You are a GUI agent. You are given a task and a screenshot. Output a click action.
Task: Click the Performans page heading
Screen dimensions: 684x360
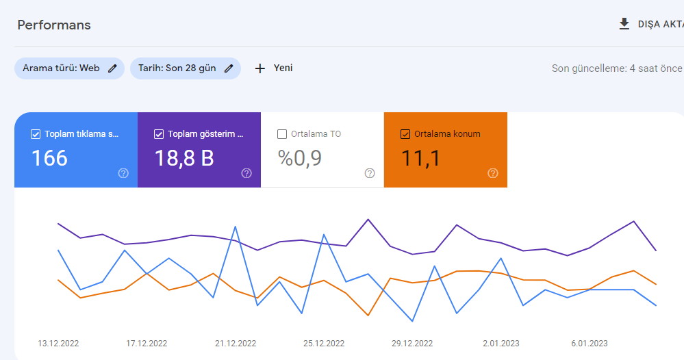54,25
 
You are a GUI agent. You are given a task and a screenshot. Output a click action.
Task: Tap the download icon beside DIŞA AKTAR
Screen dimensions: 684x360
624,24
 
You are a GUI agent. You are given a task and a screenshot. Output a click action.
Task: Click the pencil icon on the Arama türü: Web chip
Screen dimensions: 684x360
112,68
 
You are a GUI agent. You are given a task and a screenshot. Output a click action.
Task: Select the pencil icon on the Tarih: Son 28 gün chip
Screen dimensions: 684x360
229,68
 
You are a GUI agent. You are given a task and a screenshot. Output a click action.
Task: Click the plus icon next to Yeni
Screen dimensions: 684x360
260,68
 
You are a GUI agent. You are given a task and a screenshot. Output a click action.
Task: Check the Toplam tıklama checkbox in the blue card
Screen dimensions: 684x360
36,134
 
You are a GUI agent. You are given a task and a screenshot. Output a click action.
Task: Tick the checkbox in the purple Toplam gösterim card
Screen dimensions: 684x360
159,134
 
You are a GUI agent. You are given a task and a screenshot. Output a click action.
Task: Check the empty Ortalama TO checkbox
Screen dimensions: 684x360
282,134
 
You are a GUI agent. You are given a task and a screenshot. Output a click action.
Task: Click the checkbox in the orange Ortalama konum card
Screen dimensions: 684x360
405,134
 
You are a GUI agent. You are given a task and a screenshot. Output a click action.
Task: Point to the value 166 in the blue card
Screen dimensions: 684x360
50,158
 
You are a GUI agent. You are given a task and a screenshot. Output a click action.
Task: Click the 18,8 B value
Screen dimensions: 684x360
184,158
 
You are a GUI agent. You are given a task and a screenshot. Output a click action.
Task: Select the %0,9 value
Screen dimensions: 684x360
300,158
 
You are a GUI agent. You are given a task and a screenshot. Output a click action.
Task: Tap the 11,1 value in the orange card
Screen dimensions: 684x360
420,158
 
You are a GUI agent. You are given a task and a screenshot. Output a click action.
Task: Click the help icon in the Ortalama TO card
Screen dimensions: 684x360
370,173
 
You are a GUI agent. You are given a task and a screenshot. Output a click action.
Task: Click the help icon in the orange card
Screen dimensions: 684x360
493,173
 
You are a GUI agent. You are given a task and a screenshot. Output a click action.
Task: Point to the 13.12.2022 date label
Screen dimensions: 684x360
58,344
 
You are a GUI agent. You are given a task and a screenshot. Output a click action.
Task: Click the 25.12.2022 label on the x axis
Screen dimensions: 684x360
324,344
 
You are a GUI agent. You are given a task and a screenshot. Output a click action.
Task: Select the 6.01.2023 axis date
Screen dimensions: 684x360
590,344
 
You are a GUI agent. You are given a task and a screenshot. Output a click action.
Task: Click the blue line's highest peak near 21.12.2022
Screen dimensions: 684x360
235,227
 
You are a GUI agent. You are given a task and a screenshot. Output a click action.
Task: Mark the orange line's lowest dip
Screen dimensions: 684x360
368,315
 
